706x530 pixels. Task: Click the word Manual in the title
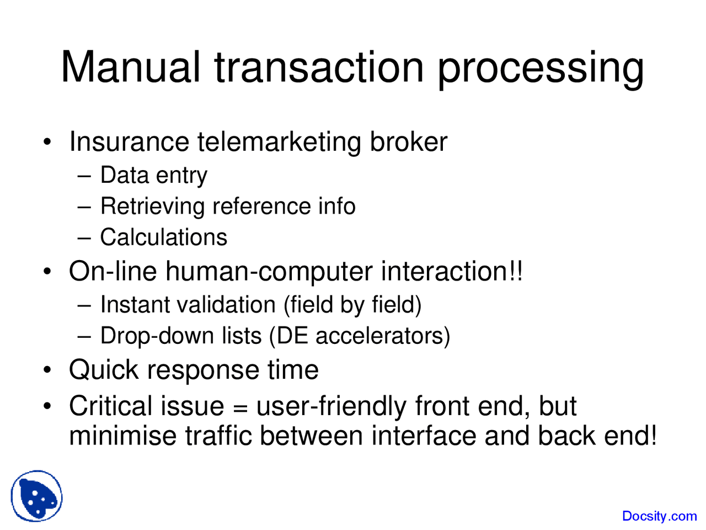(131, 67)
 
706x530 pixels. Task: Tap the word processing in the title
(541, 70)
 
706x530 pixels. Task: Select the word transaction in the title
(319, 67)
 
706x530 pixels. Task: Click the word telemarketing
(279, 142)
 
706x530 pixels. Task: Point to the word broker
(409, 141)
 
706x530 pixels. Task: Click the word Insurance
(129, 141)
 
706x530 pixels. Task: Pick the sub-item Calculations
(164, 237)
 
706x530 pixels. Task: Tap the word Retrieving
(152, 206)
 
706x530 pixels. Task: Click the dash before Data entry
(84, 176)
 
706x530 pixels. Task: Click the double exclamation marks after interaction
(516, 271)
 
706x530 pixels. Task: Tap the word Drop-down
(157, 336)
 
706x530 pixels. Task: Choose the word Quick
(104, 370)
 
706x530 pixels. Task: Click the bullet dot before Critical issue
(47, 406)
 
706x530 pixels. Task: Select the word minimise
(123, 436)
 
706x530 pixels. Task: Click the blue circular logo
(36, 496)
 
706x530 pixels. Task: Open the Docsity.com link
(660, 516)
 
